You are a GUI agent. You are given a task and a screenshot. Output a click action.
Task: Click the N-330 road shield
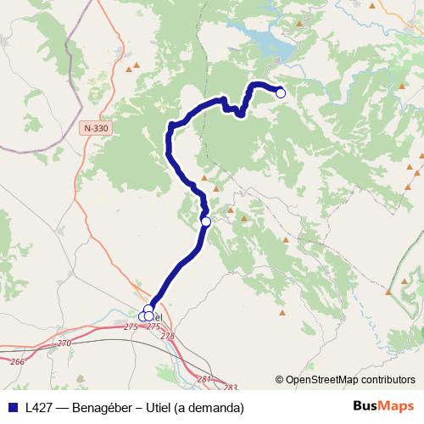[x=97, y=128]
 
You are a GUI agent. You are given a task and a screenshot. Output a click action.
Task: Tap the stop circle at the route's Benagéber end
[x=281, y=94]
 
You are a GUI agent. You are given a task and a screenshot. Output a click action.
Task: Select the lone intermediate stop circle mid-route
[x=205, y=221]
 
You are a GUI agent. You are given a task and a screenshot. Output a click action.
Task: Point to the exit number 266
[x=18, y=361]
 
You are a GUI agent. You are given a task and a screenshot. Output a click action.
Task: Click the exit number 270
[x=65, y=343]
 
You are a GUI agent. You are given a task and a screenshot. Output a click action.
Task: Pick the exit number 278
[x=167, y=337]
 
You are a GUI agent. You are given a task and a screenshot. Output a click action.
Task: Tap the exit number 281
[x=204, y=378]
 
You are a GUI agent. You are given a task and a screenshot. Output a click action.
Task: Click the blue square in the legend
[x=11, y=407]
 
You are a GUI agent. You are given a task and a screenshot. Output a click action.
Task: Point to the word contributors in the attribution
[x=389, y=380]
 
